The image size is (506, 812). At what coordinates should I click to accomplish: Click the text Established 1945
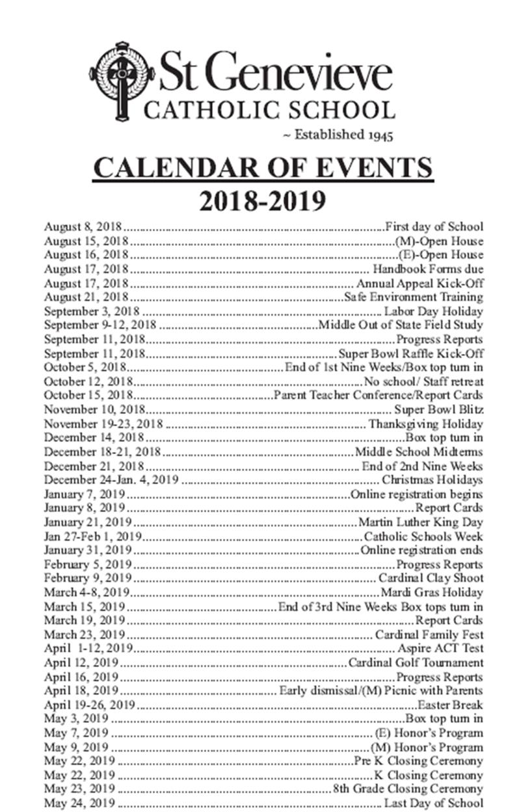click(x=338, y=135)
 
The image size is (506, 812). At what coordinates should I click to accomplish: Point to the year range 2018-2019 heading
click(x=262, y=200)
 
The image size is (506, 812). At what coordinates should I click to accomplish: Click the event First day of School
click(x=434, y=227)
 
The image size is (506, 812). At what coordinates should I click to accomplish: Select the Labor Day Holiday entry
click(x=434, y=311)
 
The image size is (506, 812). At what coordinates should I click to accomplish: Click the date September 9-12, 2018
click(x=100, y=325)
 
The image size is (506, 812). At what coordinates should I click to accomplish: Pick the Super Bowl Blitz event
click(x=438, y=410)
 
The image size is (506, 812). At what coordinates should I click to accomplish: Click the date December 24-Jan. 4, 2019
click(x=111, y=480)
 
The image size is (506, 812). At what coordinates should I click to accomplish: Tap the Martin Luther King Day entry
click(x=421, y=522)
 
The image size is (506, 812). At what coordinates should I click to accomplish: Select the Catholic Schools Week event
click(x=423, y=537)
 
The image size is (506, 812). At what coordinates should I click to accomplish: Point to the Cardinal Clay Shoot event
click(x=431, y=578)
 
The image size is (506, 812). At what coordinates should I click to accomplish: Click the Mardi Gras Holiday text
click(x=432, y=593)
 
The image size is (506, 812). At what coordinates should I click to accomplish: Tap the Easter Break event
click(x=450, y=705)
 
